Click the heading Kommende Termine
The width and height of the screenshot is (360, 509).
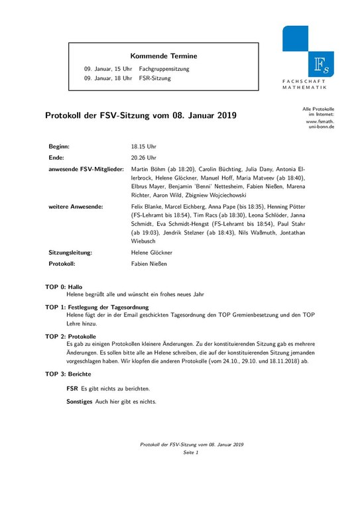[163, 56]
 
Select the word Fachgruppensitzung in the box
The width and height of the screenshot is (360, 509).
[164, 69]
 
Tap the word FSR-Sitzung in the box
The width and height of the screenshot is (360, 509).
[154, 78]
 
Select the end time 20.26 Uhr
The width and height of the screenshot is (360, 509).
[144, 158]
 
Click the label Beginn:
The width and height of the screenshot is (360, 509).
[59, 146]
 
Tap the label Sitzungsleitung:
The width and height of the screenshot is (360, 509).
[70, 253]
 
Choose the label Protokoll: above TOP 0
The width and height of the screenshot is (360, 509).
[62, 263]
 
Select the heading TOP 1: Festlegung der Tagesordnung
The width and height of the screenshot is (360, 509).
[97, 308]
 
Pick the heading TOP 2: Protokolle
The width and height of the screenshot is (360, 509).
[70, 337]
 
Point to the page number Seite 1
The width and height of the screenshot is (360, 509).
[191, 452]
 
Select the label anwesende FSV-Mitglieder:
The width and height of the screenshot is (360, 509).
[86, 170]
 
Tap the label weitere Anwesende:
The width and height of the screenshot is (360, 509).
[76, 207]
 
